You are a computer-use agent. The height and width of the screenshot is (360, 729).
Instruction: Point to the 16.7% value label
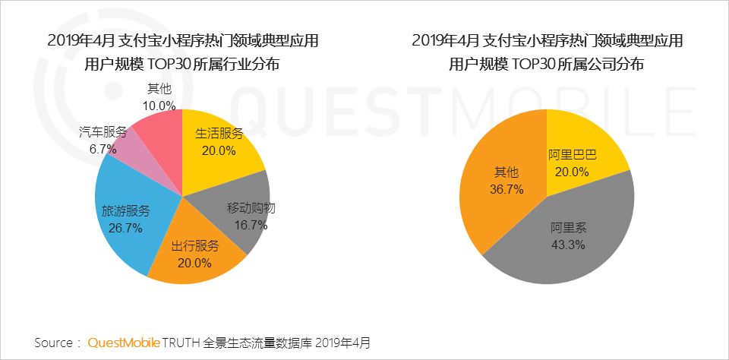[x=251, y=225]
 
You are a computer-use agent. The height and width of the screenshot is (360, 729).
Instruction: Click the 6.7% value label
[x=103, y=149]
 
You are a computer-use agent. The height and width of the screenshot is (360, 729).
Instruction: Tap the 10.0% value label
[x=160, y=106]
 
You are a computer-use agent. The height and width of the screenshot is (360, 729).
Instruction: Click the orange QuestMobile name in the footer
[x=124, y=343]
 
